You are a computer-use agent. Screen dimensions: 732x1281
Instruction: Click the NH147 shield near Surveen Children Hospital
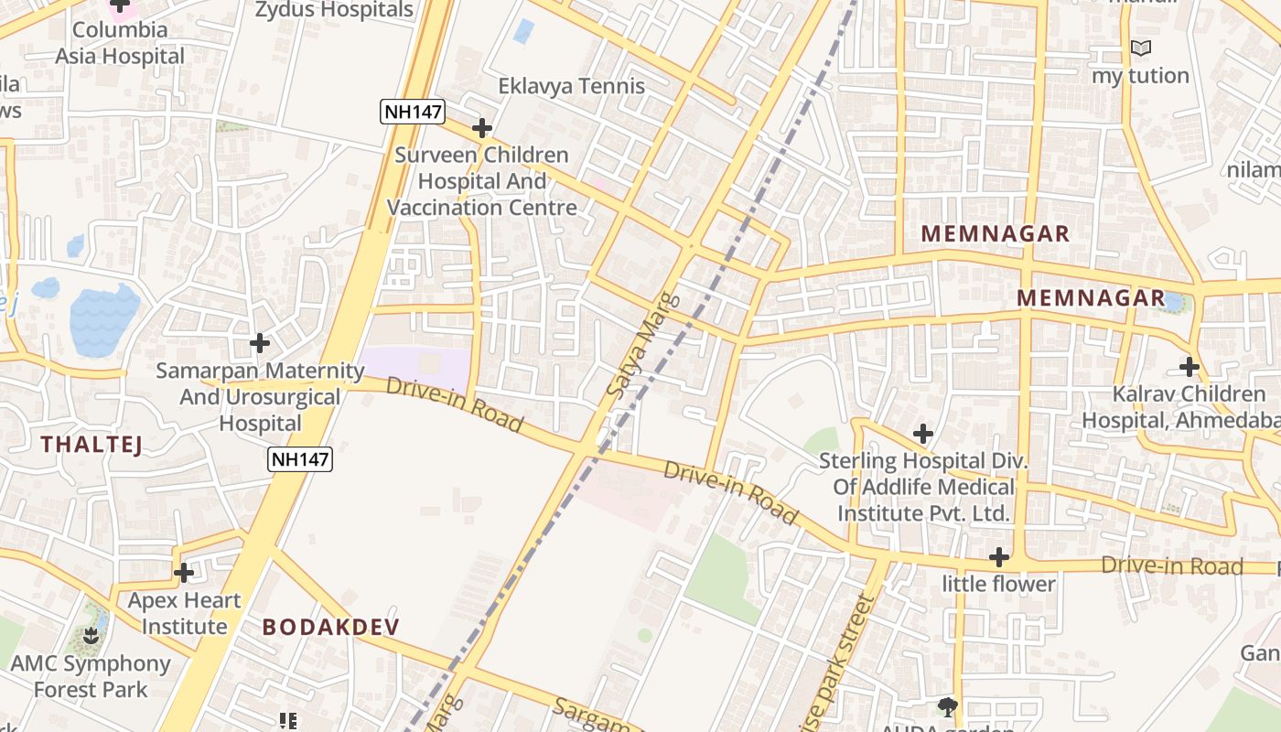pos(413,112)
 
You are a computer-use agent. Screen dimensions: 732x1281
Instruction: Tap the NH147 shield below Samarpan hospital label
pos(300,459)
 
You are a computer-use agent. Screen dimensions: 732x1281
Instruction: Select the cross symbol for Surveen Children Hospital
pos(482,128)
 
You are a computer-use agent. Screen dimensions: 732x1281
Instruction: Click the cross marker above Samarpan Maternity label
pos(260,343)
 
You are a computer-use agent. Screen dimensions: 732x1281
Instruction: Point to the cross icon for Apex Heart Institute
pos(184,573)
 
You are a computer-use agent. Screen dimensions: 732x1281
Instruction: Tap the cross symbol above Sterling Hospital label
pos(923,434)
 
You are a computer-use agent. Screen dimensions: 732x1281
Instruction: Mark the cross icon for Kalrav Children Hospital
pos(1189,367)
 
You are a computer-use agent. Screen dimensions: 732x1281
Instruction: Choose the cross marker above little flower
pos(999,556)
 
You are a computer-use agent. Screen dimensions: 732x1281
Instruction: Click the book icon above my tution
pos(1140,48)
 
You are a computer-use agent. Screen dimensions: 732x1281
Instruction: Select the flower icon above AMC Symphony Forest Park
pos(91,635)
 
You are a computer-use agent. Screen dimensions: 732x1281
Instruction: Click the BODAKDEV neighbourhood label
pos(331,627)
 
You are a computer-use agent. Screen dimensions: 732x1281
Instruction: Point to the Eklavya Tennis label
pos(571,86)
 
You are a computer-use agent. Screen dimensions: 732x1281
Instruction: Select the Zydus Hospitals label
pos(334,10)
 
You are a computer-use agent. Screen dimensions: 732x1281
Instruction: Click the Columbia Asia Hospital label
pos(120,43)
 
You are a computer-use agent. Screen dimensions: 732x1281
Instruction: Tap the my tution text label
pos(1140,75)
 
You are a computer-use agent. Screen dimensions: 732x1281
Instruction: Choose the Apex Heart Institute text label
pos(184,613)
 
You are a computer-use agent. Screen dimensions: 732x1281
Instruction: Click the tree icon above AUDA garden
pos(947,705)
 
